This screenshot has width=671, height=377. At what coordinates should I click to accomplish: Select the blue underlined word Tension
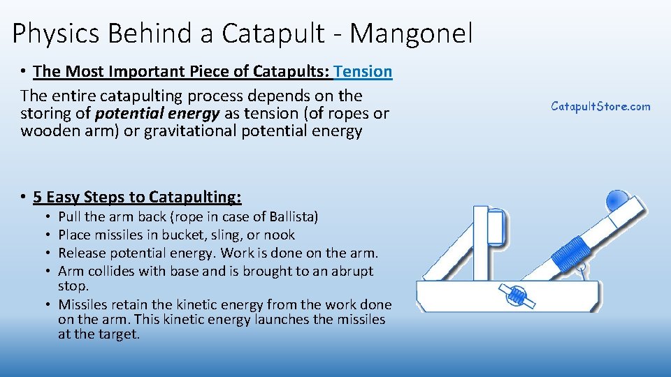[x=363, y=71]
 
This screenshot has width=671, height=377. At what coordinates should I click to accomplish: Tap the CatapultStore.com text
[x=600, y=106]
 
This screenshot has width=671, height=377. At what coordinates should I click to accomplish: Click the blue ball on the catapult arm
[x=617, y=199]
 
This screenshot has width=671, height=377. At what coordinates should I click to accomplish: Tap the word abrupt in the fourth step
[x=352, y=271]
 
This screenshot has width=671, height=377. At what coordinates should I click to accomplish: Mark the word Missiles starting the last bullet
[x=84, y=304]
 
